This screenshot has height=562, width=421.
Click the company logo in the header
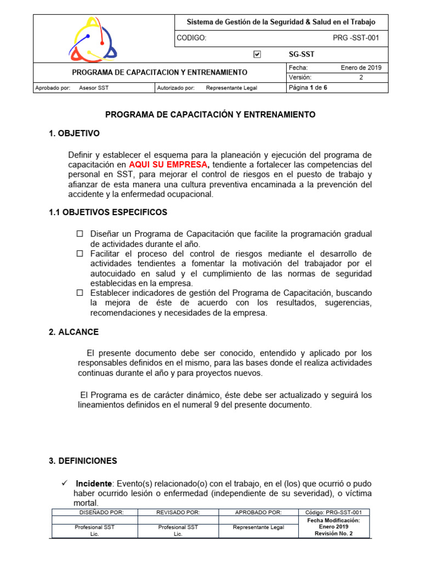click(93, 38)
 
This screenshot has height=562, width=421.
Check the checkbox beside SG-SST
click(258, 54)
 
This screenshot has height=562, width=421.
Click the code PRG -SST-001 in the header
click(356, 38)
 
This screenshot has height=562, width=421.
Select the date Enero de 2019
click(361, 68)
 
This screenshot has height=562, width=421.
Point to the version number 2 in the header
click(361, 77)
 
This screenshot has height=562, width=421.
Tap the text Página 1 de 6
click(308, 87)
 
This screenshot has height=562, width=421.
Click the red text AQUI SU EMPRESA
click(169, 165)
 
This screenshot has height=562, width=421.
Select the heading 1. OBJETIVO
click(75, 133)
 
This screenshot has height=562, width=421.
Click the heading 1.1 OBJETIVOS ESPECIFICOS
click(108, 212)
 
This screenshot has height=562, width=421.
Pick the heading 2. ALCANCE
click(74, 332)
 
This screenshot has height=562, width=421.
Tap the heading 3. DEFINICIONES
click(83, 461)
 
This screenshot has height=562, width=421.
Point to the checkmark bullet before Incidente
click(64, 483)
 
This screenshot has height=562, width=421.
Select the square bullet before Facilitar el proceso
click(79, 254)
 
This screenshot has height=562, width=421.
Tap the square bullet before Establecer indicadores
click(79, 293)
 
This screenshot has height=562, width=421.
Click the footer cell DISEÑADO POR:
click(94, 512)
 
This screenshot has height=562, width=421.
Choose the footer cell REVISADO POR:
click(178, 512)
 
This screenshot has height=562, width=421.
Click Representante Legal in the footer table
click(258, 527)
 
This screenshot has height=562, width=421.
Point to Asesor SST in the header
click(94, 87)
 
